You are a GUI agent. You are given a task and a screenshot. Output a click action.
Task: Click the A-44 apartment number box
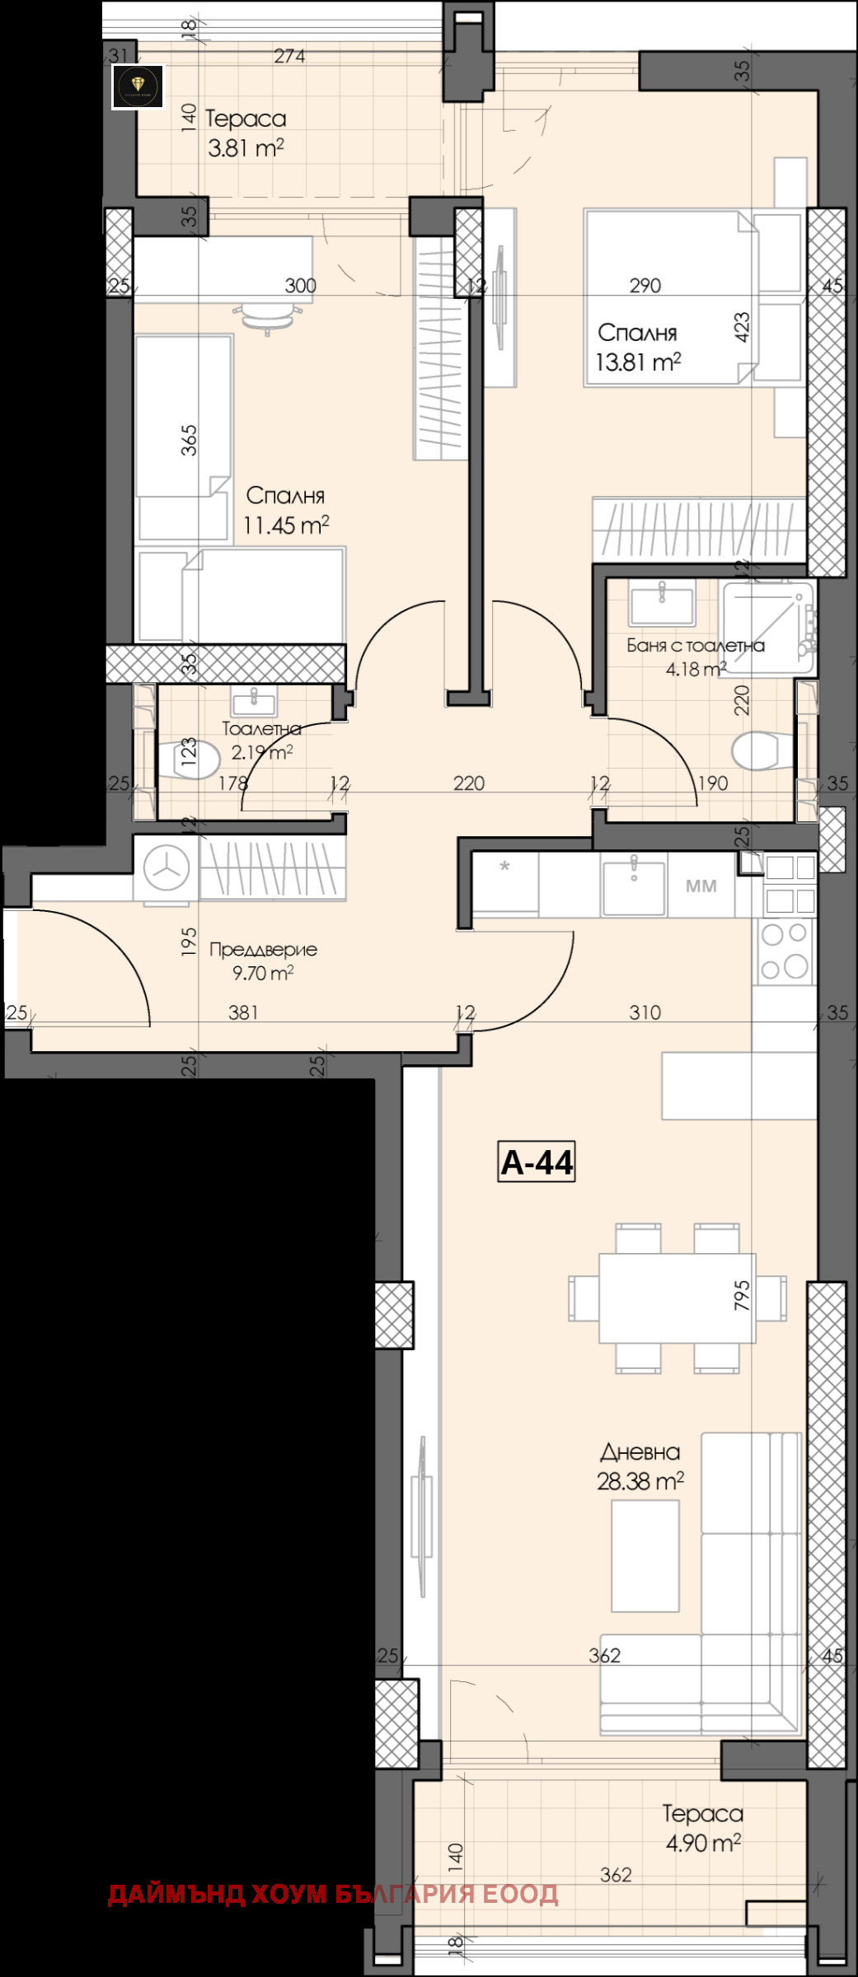pos(536,1161)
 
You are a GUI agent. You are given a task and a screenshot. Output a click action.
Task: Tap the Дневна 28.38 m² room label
pos(640,1467)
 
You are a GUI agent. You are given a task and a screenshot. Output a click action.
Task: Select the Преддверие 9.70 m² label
pos(263,960)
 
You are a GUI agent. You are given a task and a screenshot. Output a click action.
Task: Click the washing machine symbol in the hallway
pos(166,867)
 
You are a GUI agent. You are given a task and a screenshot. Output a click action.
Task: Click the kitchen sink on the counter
pos(633,886)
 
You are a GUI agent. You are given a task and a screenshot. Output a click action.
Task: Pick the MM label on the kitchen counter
pos(701,886)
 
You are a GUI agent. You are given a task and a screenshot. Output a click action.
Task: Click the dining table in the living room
pos(677,1297)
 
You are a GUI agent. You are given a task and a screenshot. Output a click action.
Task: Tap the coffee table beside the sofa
pos(645,1555)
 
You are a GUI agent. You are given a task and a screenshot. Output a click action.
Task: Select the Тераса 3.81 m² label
pos(246,133)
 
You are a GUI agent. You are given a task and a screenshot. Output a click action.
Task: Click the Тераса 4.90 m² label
pos(703,1827)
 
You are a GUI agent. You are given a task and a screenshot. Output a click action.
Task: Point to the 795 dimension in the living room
pos(742,1294)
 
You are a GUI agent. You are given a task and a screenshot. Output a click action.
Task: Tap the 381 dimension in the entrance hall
pos(243,1012)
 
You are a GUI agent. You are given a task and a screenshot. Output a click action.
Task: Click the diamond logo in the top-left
pos(138,86)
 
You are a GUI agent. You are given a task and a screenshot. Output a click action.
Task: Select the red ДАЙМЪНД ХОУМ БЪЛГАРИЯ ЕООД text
pos(333,1894)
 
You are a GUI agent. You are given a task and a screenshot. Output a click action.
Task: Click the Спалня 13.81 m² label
pos(638,347)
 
